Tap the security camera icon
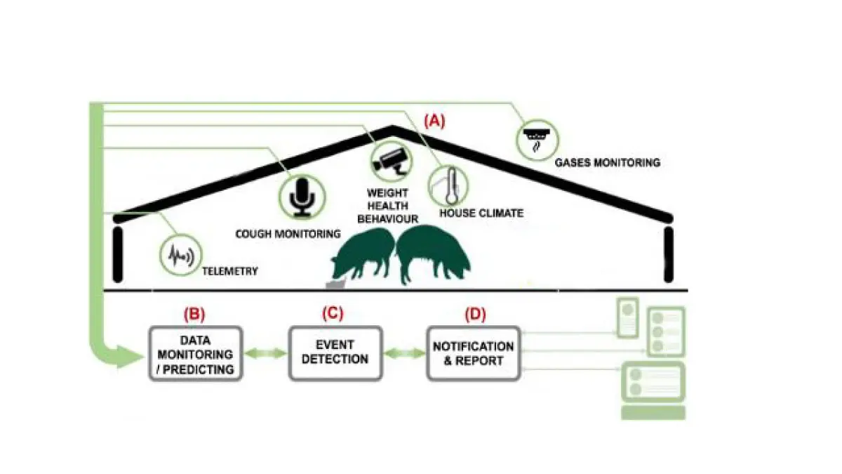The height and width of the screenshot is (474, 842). pyautogui.click(x=390, y=159)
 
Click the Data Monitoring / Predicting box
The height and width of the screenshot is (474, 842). pyautogui.click(x=195, y=354)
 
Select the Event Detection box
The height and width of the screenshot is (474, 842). pyautogui.click(x=335, y=354)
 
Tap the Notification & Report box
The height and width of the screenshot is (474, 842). pyautogui.click(x=474, y=354)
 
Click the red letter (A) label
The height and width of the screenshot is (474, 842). pyautogui.click(x=433, y=120)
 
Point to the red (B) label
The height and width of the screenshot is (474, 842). pyautogui.click(x=194, y=313)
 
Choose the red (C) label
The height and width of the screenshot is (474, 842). pyautogui.click(x=332, y=313)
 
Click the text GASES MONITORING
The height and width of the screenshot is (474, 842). pyautogui.click(x=608, y=162)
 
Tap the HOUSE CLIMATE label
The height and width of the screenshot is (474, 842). pyautogui.click(x=481, y=213)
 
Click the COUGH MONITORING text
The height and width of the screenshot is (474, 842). pyautogui.click(x=288, y=233)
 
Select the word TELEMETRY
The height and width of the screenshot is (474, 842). pyautogui.click(x=229, y=270)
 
